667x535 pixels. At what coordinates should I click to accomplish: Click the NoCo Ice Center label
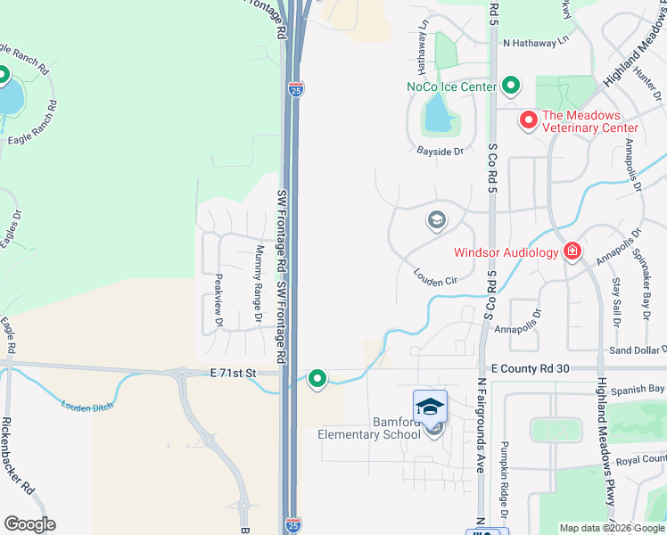(451, 86)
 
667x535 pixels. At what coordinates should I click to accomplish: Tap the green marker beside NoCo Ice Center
(511, 86)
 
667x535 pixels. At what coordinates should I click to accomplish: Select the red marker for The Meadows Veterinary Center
(528, 119)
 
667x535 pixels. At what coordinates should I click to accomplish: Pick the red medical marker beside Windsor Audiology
(572, 252)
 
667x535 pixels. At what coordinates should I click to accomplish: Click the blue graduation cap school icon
(430, 405)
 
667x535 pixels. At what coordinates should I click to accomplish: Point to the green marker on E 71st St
(317, 379)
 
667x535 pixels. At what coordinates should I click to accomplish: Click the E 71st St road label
(233, 372)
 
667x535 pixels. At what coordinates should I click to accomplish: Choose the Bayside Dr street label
(441, 152)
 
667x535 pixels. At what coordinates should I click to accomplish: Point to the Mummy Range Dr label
(259, 284)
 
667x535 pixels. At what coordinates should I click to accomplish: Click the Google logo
(29, 524)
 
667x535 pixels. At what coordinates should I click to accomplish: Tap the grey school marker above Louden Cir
(437, 220)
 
